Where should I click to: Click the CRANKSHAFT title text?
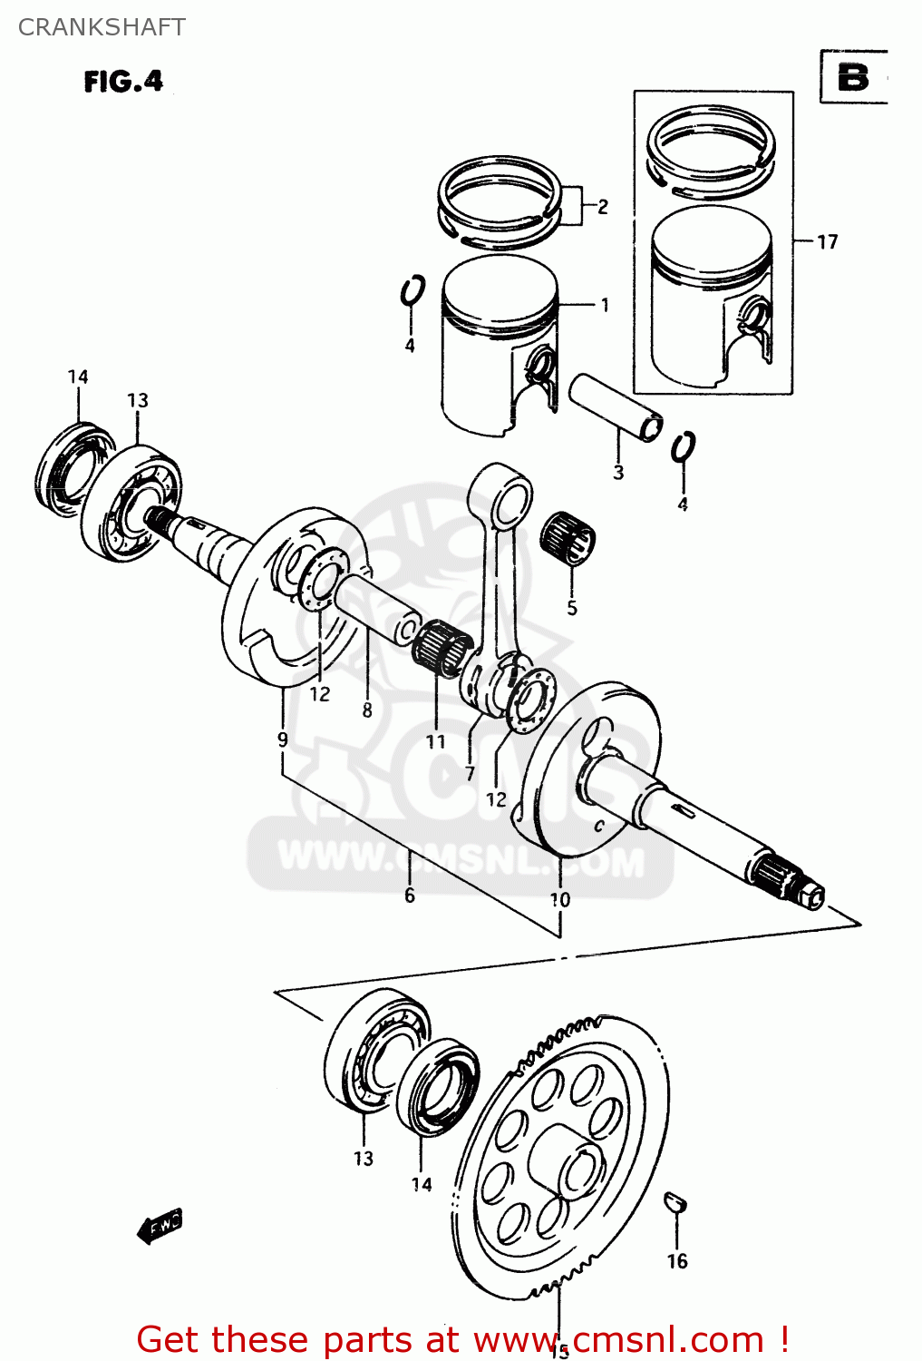tap(102, 27)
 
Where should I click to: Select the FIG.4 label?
tap(123, 82)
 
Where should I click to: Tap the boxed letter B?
tap(852, 78)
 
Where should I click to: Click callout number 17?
tap(827, 242)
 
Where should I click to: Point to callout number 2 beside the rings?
tap(603, 207)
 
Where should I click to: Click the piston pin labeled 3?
tap(615, 407)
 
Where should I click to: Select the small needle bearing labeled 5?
tap(568, 537)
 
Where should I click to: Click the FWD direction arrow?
tap(160, 1226)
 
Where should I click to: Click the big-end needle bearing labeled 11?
tap(442, 648)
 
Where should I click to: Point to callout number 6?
tap(410, 896)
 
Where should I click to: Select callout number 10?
tap(560, 899)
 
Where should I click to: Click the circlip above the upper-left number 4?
tap(412, 291)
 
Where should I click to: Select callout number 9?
tap(283, 739)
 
